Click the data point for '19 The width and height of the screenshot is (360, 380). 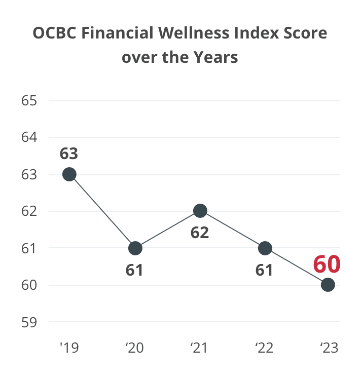point(69,174)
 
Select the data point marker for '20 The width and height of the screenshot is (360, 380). point(135,248)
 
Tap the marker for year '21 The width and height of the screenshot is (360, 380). point(200,211)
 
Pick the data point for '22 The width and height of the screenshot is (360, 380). point(265,248)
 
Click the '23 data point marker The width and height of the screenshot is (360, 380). point(328,285)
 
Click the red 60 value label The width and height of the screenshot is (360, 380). point(327,264)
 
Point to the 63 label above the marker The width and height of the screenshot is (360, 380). point(69,153)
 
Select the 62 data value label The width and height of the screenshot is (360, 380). point(200,233)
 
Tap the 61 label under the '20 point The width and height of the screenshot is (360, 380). point(134,270)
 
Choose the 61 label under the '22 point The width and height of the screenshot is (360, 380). point(264,270)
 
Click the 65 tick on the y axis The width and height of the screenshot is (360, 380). point(29,100)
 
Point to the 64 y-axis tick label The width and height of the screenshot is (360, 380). point(29,137)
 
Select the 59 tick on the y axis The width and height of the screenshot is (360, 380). point(29,322)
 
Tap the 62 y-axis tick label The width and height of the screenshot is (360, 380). point(29,211)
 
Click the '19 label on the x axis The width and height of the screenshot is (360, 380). point(69,348)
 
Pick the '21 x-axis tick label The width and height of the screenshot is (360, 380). point(199,348)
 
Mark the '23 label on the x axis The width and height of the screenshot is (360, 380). point(329,348)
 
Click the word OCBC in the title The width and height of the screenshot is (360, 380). point(55,33)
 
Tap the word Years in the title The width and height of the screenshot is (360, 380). point(213,57)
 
